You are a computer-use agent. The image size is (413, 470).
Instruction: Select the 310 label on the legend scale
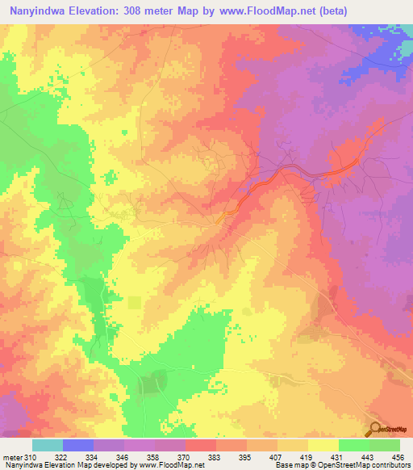31,457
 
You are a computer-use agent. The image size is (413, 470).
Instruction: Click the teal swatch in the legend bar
48,445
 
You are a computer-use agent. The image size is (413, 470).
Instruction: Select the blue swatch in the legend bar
78,445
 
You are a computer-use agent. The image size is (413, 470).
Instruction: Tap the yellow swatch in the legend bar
323,445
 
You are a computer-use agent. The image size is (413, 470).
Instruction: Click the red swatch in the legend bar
201,445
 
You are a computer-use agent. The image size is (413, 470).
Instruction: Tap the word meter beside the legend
11,457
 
